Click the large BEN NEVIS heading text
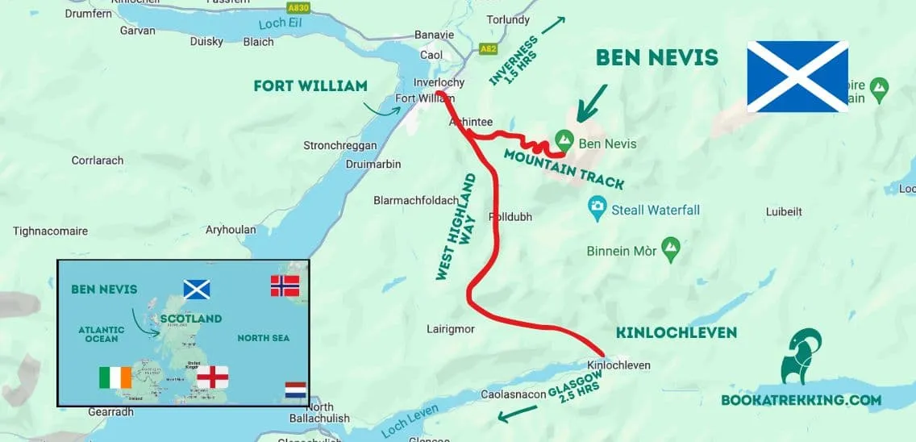click(656, 58)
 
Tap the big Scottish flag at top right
click(797, 76)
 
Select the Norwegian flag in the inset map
click(285, 286)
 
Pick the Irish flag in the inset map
click(114, 377)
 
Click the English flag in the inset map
click(213, 377)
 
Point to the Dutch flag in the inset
click(295, 392)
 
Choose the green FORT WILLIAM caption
click(310, 85)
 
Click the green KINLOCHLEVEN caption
click(676, 332)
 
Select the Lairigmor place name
click(451, 329)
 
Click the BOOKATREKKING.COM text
click(801, 400)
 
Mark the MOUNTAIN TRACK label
click(564, 167)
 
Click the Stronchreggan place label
click(339, 146)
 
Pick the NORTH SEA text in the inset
click(264, 338)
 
